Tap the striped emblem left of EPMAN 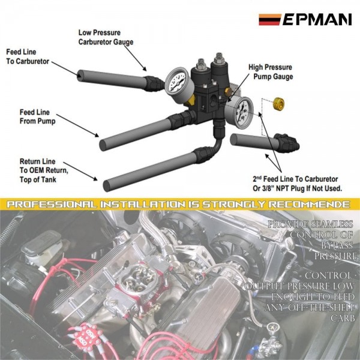click(269, 20)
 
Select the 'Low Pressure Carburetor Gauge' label click(106, 37)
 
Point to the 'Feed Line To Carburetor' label click(29, 56)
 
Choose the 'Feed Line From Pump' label click(38, 117)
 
